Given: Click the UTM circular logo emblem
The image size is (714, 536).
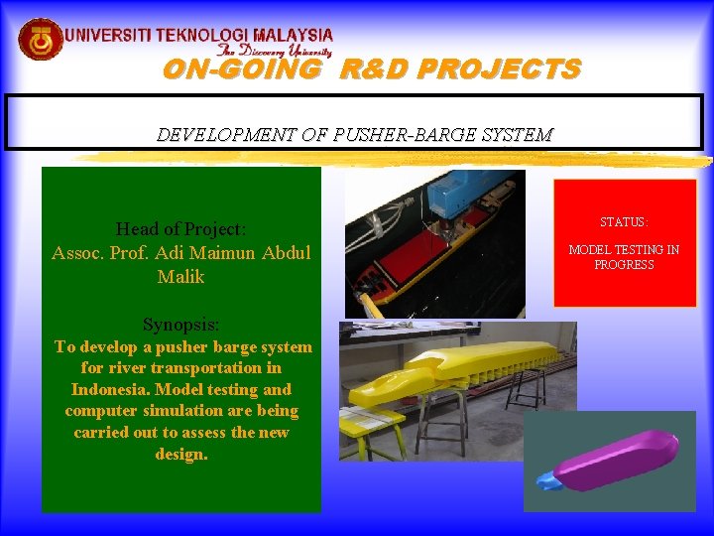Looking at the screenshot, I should pos(41,40).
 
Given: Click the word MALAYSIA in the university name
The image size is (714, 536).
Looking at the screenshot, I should pos(293,35).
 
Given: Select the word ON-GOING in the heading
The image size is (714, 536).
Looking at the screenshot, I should pos(242,69).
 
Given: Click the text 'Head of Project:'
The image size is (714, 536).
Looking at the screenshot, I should pos(180,229).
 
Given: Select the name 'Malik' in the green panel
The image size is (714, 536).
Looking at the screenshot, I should pos(180,277).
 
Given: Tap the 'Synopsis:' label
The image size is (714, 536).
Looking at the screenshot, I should pos(180,325).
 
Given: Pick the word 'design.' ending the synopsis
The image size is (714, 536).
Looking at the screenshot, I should pos(180,454).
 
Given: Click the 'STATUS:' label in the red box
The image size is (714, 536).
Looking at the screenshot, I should pos(624,222).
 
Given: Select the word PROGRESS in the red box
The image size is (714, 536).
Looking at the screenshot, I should pos(624,265).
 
